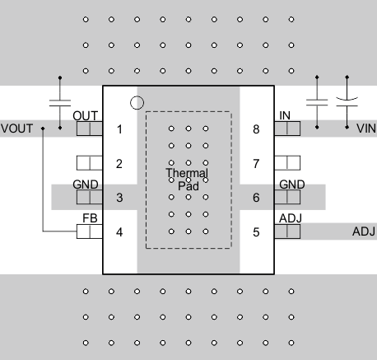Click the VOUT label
16,129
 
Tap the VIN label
365,129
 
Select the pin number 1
119,129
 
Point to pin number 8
256,129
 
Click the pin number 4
119,232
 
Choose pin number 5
256,232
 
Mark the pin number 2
119,163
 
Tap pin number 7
256,163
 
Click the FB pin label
90,219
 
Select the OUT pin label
86,116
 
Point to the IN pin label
285,116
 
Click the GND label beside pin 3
86,185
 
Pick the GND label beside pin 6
291,185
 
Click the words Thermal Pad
187,180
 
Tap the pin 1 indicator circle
137,103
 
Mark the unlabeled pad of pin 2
89,163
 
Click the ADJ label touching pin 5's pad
291,218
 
